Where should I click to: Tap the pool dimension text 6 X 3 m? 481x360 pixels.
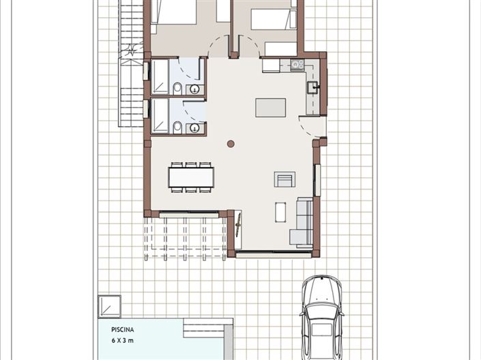click(126, 339)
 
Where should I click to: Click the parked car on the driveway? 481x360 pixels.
click(321, 316)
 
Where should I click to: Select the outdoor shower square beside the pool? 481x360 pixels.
click(110, 306)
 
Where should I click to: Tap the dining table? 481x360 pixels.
click(191, 177)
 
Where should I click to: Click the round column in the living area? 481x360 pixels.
click(231, 144)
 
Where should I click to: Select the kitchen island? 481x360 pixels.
click(271, 108)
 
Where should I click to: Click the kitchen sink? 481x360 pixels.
click(312, 87)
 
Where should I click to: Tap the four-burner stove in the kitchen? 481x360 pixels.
click(297, 65)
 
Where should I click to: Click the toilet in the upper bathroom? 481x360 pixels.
click(177, 87)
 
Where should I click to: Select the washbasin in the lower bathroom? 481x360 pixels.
click(194, 127)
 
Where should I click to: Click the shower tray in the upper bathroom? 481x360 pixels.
click(160, 77)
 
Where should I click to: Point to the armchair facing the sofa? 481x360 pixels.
click(285, 179)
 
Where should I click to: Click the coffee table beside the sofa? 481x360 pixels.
click(280, 212)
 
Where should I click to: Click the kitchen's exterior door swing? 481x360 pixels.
click(310, 126)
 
